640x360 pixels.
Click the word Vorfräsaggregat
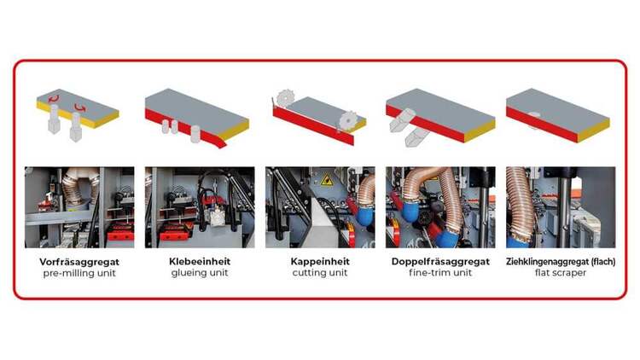pyautogui.click(x=79, y=261)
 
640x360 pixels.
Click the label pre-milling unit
pyautogui.click(x=79, y=274)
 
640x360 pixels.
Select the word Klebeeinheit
pyautogui.click(x=200, y=261)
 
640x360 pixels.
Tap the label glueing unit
pyautogui.click(x=200, y=274)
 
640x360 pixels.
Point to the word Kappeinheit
pyautogui.click(x=320, y=261)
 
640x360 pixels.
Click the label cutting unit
pyautogui.click(x=320, y=274)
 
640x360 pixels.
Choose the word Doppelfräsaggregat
pyautogui.click(x=440, y=261)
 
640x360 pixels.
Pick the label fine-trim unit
pyautogui.click(x=440, y=274)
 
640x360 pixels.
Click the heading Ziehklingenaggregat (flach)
pyautogui.click(x=560, y=261)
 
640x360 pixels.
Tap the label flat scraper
pyautogui.click(x=560, y=274)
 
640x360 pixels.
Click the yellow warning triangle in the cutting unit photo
pyautogui.click(x=325, y=181)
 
